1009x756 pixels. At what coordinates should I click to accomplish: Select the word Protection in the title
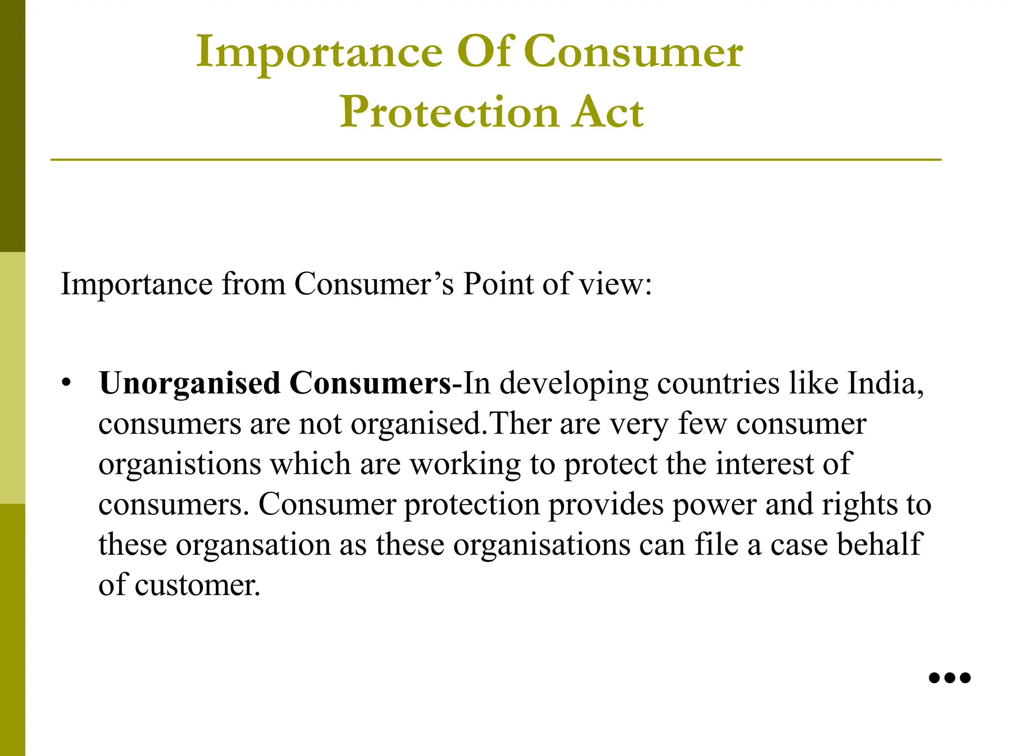449,113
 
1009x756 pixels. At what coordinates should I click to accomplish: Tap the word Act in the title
607,113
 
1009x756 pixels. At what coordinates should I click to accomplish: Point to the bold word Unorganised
190,383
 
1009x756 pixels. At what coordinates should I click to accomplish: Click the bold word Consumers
370,383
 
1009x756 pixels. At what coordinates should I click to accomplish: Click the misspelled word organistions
179,465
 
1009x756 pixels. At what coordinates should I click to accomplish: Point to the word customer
197,586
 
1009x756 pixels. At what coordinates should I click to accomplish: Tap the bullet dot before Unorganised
67,382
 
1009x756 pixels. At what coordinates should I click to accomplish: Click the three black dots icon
949,678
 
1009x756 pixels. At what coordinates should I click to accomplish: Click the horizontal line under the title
496,160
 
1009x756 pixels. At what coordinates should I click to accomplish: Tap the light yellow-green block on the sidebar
12,378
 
